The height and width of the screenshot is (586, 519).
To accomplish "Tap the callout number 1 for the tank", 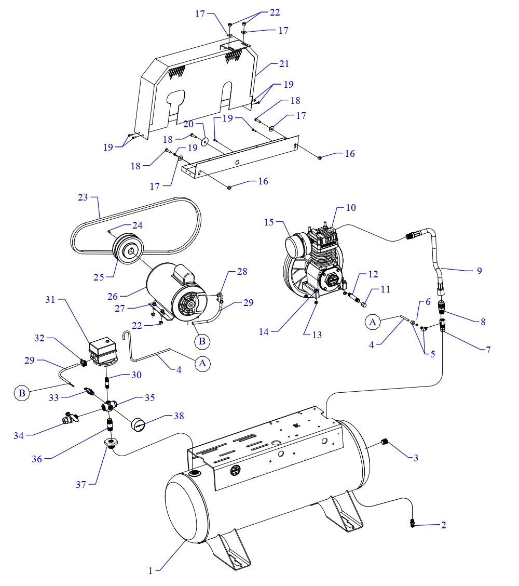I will click(x=151, y=570).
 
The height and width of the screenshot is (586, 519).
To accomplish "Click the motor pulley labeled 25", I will click(x=127, y=251).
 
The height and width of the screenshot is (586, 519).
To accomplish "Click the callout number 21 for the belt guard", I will click(x=284, y=64).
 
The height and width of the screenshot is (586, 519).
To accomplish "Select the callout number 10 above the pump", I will click(x=351, y=208).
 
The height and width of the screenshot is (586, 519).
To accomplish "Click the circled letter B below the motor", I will click(x=202, y=341).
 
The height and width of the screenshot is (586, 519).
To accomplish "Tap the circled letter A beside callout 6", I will click(x=372, y=322).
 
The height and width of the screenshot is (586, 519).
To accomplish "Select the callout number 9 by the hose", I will click(x=479, y=271).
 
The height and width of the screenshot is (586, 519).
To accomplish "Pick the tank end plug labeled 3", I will click(x=385, y=442).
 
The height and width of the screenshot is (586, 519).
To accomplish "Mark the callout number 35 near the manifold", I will click(x=150, y=397).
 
